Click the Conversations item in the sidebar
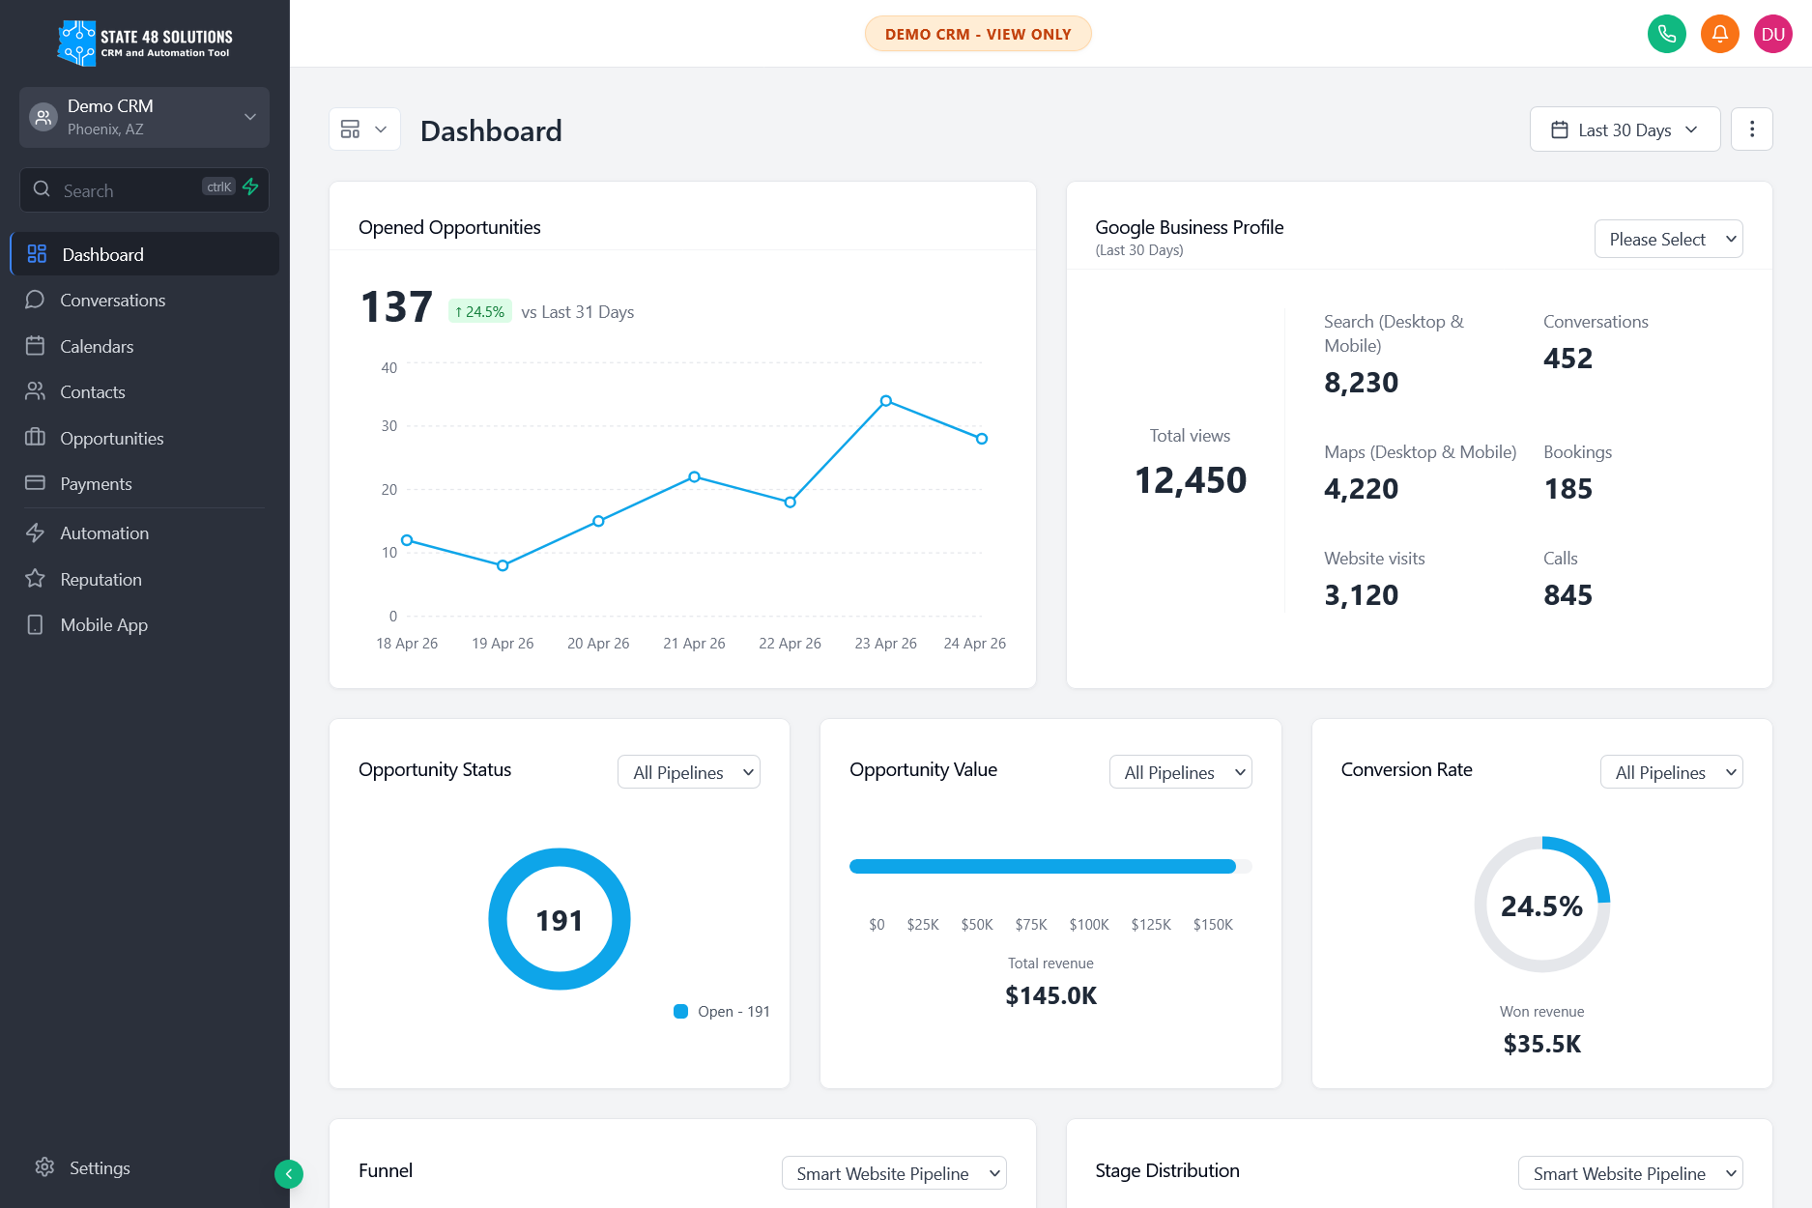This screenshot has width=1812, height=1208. pos(112,301)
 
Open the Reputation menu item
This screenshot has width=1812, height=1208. pos(101,580)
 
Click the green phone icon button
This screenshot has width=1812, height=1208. pos(1666,35)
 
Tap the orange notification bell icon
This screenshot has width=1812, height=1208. pos(1719,35)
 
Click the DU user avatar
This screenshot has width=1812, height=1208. pos(1772,35)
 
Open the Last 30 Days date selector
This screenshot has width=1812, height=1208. pos(1624,129)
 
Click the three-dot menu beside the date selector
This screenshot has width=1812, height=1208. pos(1751,129)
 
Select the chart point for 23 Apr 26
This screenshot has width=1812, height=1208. pos(885,401)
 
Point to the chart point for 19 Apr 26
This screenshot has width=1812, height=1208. pos(503,565)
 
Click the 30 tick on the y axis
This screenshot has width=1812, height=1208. pos(388,426)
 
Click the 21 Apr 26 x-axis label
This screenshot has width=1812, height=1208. pos(694,644)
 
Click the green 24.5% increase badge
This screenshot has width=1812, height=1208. pos(479,312)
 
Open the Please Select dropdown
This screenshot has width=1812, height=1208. pos(1668,240)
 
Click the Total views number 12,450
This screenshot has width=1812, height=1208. pos(1190,480)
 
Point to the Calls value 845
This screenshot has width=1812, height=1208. pos(1568,595)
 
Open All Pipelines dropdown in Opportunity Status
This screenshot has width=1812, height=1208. pos(689,772)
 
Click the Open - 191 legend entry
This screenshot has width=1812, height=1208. pos(723,1012)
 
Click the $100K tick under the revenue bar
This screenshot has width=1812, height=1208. pos(1088,925)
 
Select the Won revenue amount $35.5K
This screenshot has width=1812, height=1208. pos(1541,1044)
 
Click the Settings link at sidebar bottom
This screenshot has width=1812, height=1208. pos(99,1168)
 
